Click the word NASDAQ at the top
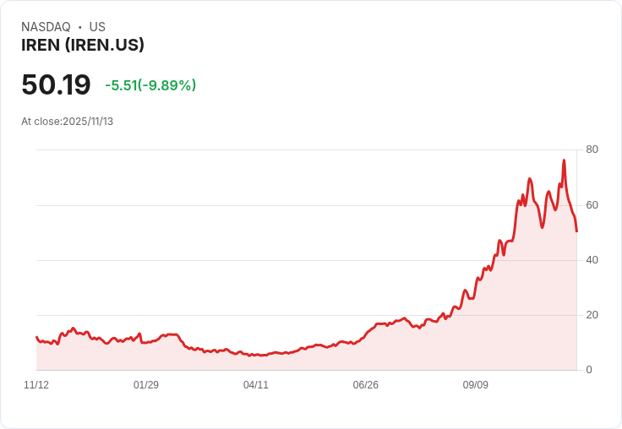(46, 27)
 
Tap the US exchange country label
(97, 27)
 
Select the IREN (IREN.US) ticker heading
(83, 45)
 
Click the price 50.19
(56, 84)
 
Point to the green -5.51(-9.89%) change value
(150, 85)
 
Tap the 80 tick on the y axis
(592, 149)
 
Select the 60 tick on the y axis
(592, 205)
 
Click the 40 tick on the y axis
(592, 260)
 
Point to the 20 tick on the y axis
(592, 315)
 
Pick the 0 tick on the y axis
(589, 370)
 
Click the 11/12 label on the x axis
(36, 385)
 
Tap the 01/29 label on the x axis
(146, 385)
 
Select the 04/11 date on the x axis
(256, 385)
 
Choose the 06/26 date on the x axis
(366, 385)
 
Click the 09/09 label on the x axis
(476, 385)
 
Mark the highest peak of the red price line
(564, 160)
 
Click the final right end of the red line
(576, 231)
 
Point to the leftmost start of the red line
(36, 337)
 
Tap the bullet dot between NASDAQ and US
(79, 27)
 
